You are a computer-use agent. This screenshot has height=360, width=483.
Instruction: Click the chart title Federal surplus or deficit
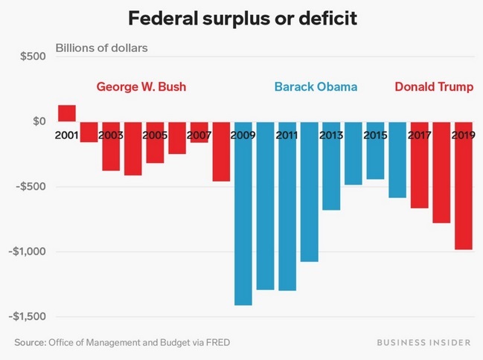[241, 18]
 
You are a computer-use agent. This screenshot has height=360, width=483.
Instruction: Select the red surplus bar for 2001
[66, 113]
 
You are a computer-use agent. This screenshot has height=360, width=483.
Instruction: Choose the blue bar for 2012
[309, 197]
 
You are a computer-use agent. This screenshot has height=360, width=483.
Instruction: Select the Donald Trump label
[434, 87]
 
